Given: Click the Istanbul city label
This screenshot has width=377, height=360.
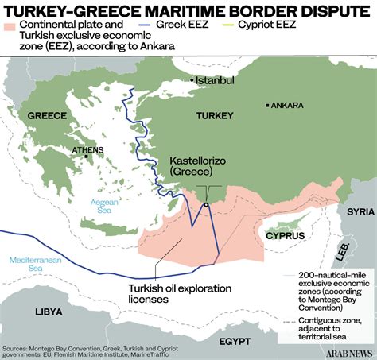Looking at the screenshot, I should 216,80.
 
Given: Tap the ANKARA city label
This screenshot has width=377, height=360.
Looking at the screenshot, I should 287,105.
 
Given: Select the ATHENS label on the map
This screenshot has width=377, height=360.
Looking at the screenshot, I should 87,149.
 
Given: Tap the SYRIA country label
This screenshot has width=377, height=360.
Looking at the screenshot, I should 360,211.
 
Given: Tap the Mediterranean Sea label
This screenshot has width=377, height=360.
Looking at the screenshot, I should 29,263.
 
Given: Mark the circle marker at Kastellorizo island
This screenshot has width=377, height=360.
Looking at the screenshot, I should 206,205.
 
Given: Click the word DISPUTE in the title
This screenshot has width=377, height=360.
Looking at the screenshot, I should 320,11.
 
